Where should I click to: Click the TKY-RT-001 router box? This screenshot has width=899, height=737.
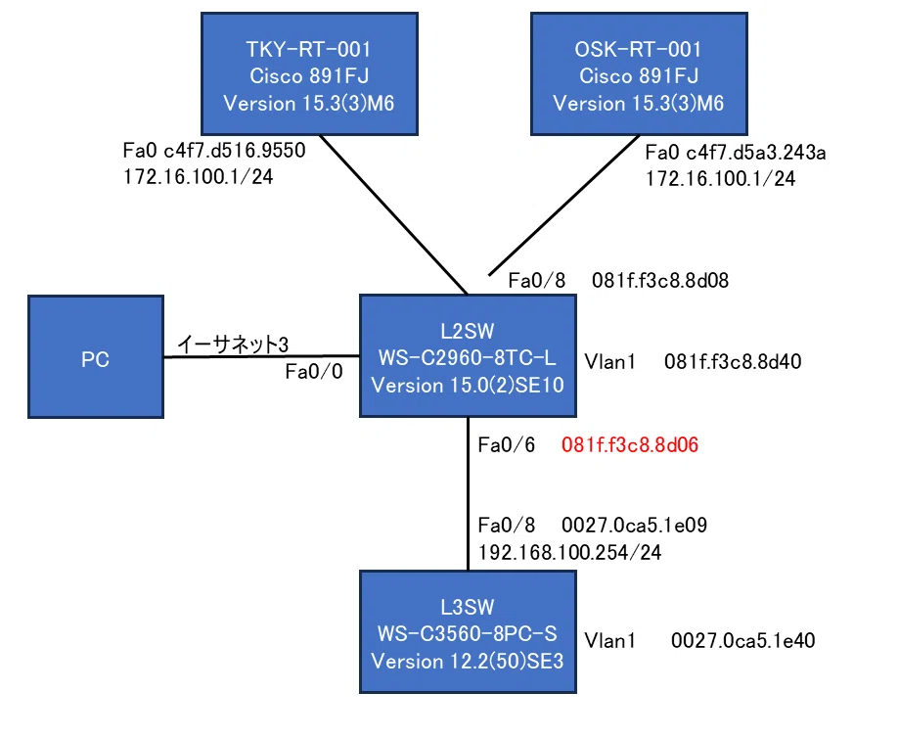click(x=309, y=74)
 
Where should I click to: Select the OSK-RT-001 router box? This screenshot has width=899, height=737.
click(x=639, y=74)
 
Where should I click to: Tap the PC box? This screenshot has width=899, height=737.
click(x=96, y=356)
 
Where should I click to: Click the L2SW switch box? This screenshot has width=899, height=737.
click(x=468, y=355)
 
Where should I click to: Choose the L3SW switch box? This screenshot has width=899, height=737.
click(x=468, y=632)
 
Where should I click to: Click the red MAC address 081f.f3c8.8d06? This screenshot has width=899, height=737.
click(x=630, y=445)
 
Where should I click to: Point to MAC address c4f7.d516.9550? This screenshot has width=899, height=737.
click(x=235, y=151)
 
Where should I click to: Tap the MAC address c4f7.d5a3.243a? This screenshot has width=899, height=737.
click(x=755, y=153)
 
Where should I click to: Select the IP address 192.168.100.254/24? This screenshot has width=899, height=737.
click(x=570, y=552)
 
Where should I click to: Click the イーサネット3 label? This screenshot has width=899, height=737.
click(x=233, y=345)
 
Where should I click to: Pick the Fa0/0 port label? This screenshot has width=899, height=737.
click(x=314, y=372)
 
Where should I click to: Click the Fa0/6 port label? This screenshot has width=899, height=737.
click(x=507, y=445)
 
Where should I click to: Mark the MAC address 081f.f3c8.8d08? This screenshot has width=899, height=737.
click(x=660, y=281)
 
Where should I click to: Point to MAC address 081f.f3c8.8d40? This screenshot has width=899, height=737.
click(x=733, y=362)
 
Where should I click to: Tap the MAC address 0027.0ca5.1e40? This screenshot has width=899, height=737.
click(x=743, y=641)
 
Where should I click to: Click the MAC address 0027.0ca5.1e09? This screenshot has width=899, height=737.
click(x=634, y=525)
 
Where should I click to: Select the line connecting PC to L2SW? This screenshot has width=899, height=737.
click(x=261, y=356)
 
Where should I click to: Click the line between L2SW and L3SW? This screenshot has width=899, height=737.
click(x=468, y=494)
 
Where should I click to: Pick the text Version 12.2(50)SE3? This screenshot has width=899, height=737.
click(x=468, y=662)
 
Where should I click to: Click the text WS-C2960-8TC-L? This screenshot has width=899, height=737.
click(x=468, y=358)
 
